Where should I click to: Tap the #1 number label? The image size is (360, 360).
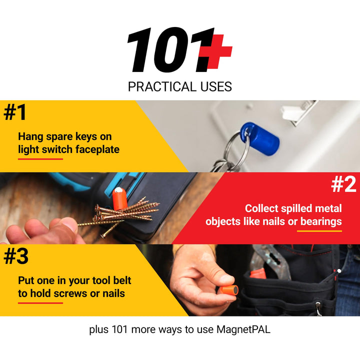(x=15, y=113)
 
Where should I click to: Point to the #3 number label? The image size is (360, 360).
(x=16, y=256)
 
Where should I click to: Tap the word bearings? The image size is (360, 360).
(x=320, y=221)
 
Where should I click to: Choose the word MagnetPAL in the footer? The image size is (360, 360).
(x=243, y=330)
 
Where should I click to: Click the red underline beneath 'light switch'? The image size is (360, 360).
(x=40, y=159)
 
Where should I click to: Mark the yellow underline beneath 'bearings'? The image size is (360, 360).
(x=320, y=231)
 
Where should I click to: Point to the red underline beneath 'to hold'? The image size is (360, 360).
(x=40, y=303)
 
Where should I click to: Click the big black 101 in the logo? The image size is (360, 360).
(x=165, y=50)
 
